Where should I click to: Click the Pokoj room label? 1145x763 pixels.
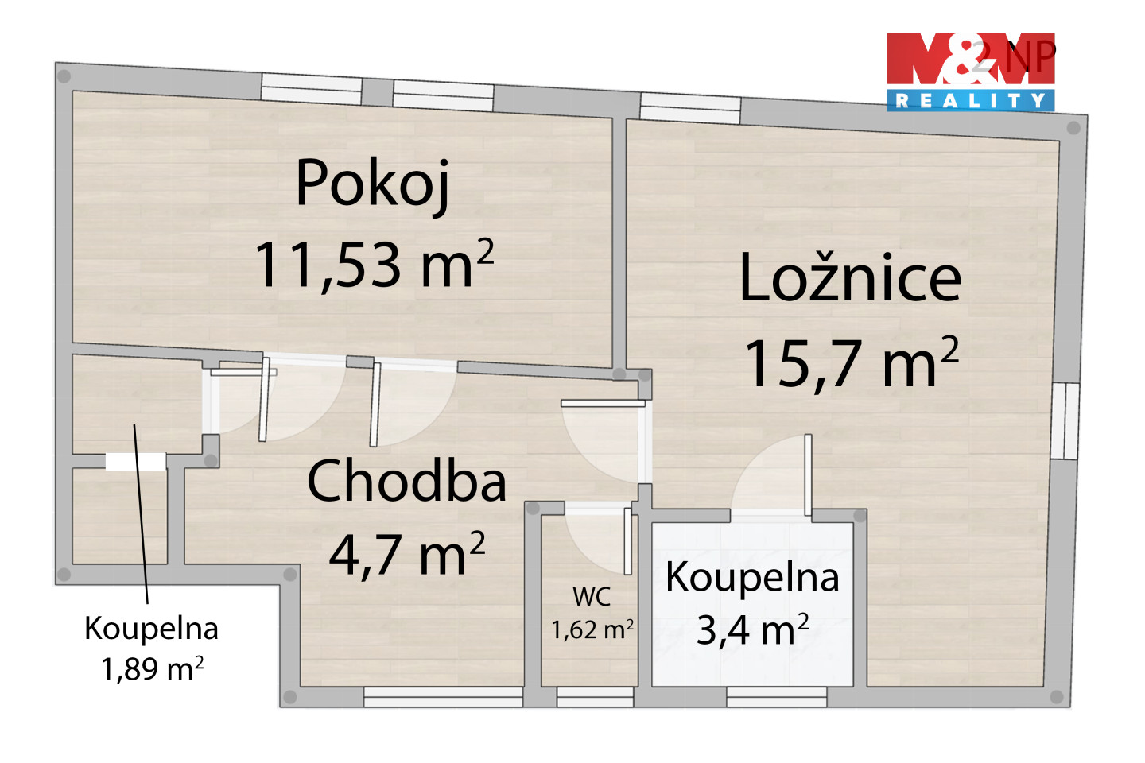(373, 184)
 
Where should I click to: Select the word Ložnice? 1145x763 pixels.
(851, 277)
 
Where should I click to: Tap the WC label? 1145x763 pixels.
(592, 597)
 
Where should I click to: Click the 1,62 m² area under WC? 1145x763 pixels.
(592, 629)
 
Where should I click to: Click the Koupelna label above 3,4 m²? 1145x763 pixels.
(752, 578)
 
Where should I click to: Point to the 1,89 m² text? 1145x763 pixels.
(153, 668)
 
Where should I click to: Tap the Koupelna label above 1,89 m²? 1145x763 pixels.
(151, 628)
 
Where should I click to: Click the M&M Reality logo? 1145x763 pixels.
(970, 72)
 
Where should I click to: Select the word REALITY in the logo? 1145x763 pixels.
(970, 101)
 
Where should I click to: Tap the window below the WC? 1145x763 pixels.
(595, 697)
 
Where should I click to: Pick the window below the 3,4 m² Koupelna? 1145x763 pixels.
(776, 697)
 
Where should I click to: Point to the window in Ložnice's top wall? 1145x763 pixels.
(690, 108)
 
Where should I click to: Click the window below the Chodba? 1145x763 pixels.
(443, 697)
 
